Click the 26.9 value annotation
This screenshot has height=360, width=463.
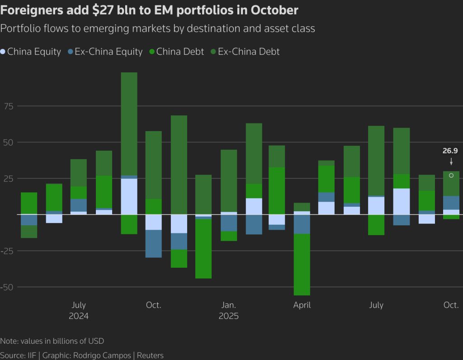(450, 151)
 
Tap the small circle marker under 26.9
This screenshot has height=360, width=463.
(451, 175)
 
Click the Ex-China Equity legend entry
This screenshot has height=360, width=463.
(104, 52)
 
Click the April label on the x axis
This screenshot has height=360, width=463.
(302, 305)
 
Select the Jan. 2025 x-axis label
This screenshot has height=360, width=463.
(228, 310)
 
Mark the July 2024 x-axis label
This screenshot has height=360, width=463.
(79, 310)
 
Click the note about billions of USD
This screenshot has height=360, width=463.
(52, 341)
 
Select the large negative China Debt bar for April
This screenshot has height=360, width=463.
(302, 265)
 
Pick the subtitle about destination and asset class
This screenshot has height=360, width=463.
(158, 28)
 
